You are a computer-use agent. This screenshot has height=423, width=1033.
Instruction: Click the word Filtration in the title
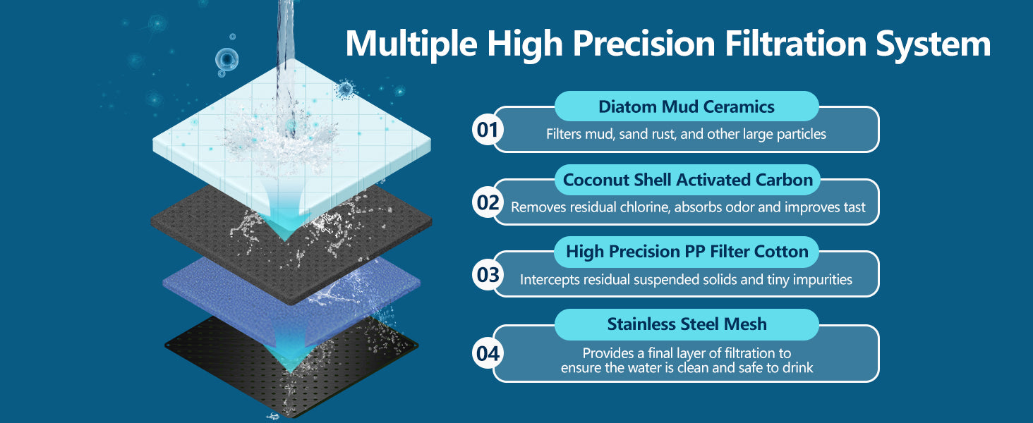click(x=795, y=43)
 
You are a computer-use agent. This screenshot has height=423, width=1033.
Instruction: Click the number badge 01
click(x=488, y=130)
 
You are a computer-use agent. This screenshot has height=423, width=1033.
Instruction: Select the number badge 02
click(x=488, y=202)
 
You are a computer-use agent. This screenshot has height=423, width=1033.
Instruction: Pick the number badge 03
click(x=488, y=275)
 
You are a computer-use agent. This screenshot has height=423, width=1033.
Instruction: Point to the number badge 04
click(x=488, y=353)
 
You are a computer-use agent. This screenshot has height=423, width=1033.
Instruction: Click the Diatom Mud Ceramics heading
click(x=687, y=106)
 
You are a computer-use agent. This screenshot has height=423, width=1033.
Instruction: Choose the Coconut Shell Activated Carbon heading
click(x=687, y=179)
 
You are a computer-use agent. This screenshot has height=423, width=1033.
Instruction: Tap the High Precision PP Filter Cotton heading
click(x=687, y=252)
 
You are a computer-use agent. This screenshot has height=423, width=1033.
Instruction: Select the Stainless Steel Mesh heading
click(x=687, y=324)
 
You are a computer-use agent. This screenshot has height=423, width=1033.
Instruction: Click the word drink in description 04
click(x=796, y=367)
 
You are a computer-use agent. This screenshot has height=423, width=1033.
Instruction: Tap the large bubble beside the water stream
click(x=226, y=59)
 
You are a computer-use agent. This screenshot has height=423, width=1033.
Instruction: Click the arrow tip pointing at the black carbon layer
click(x=284, y=239)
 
